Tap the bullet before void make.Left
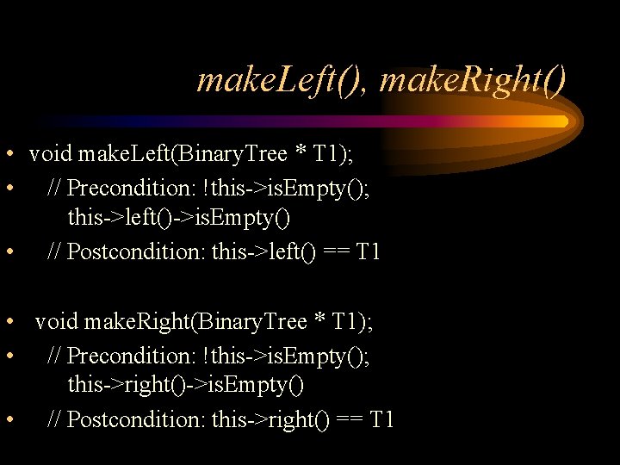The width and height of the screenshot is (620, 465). tap(9, 155)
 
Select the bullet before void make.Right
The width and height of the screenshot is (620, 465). tap(9, 322)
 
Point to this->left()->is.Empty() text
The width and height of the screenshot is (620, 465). tap(179, 218)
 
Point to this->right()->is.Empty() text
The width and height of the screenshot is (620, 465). tap(185, 385)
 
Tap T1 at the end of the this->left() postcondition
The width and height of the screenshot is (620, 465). tap(369, 252)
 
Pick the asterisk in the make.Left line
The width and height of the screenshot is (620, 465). tap(301, 155)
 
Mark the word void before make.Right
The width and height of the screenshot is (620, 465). tap(57, 322)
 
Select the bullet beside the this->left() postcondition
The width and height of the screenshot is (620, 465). tap(9, 252)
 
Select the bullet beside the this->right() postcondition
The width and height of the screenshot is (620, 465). tap(9, 419)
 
